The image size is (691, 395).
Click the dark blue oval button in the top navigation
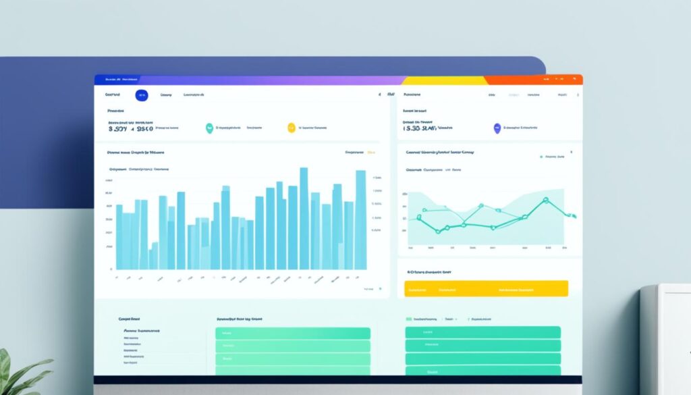point(142,96)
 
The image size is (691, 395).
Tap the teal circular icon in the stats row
point(209,127)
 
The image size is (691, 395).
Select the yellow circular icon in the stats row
point(292,127)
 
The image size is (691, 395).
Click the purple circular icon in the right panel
point(497,127)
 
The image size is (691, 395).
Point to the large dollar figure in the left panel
point(130,127)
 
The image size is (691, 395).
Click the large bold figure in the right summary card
point(420,127)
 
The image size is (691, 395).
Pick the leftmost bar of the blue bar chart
point(119,236)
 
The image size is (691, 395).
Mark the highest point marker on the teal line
point(546,200)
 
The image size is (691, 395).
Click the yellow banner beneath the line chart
point(486,289)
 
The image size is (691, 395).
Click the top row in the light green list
point(293,334)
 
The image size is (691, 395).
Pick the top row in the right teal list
point(482,332)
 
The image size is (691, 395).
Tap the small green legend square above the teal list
point(409,318)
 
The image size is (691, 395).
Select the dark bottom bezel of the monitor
point(337,380)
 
